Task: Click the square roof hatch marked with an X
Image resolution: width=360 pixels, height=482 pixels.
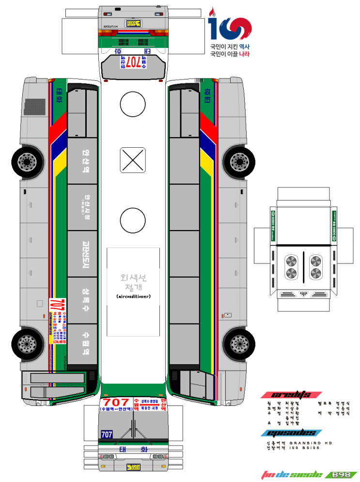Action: click(x=133, y=160)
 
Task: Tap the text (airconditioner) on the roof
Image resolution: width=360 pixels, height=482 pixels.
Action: click(x=133, y=296)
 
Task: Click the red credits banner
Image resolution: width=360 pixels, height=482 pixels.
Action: click(x=291, y=394)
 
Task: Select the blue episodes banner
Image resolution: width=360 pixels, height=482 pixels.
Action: click(x=289, y=433)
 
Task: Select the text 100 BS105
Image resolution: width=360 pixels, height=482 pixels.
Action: click(x=305, y=448)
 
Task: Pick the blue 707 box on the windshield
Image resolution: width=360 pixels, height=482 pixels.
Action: click(x=107, y=435)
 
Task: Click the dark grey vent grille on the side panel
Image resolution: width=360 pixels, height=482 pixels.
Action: click(x=33, y=107)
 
